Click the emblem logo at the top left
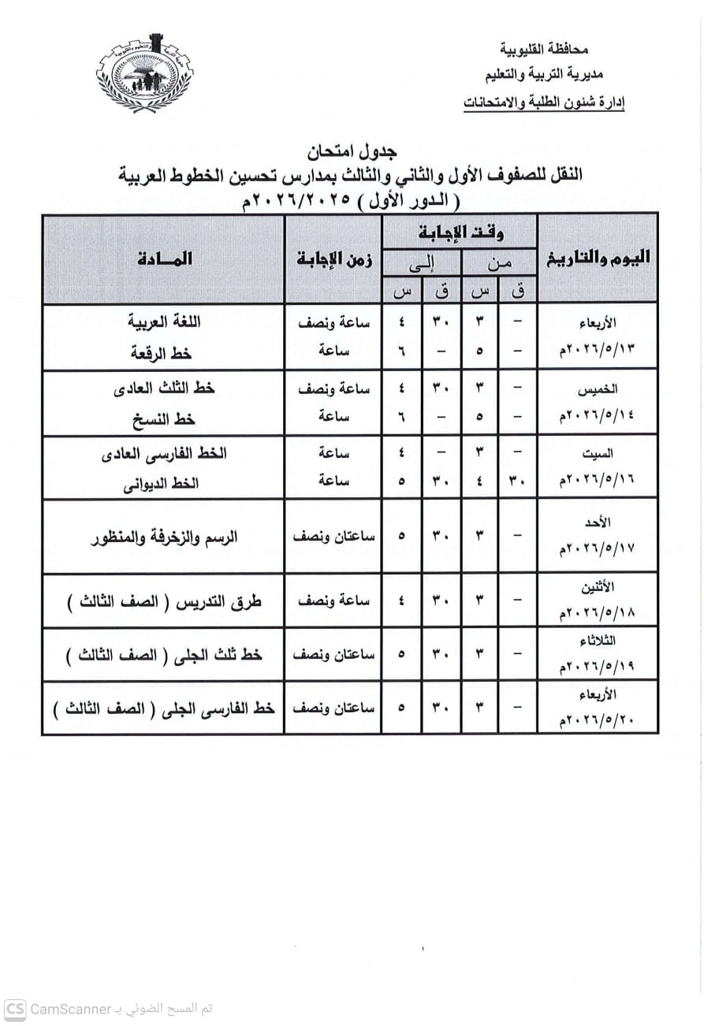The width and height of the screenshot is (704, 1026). coord(145,72)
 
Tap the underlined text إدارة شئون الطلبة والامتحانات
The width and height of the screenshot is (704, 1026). coord(545,102)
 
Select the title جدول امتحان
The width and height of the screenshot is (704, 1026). coord(352,151)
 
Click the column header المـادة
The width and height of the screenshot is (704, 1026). coord(164,258)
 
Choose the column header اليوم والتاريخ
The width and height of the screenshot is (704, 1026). coord(598,258)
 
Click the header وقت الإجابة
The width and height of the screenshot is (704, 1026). coord(460,232)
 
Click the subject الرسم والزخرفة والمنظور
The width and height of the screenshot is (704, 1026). coord(165,537)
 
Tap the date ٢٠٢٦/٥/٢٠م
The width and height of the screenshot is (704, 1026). coord(598,721)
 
